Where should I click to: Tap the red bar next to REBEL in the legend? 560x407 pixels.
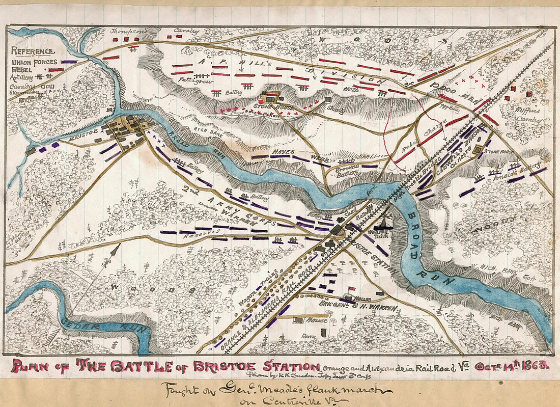click(56, 69)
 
